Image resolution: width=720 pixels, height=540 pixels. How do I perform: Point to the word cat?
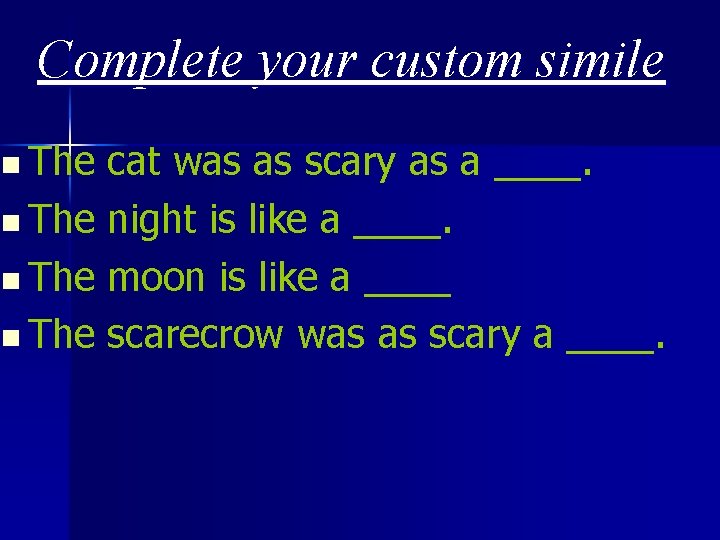click(134, 162)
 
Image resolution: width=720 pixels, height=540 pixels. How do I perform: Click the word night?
click(152, 220)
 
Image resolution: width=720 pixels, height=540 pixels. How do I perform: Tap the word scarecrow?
click(195, 336)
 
